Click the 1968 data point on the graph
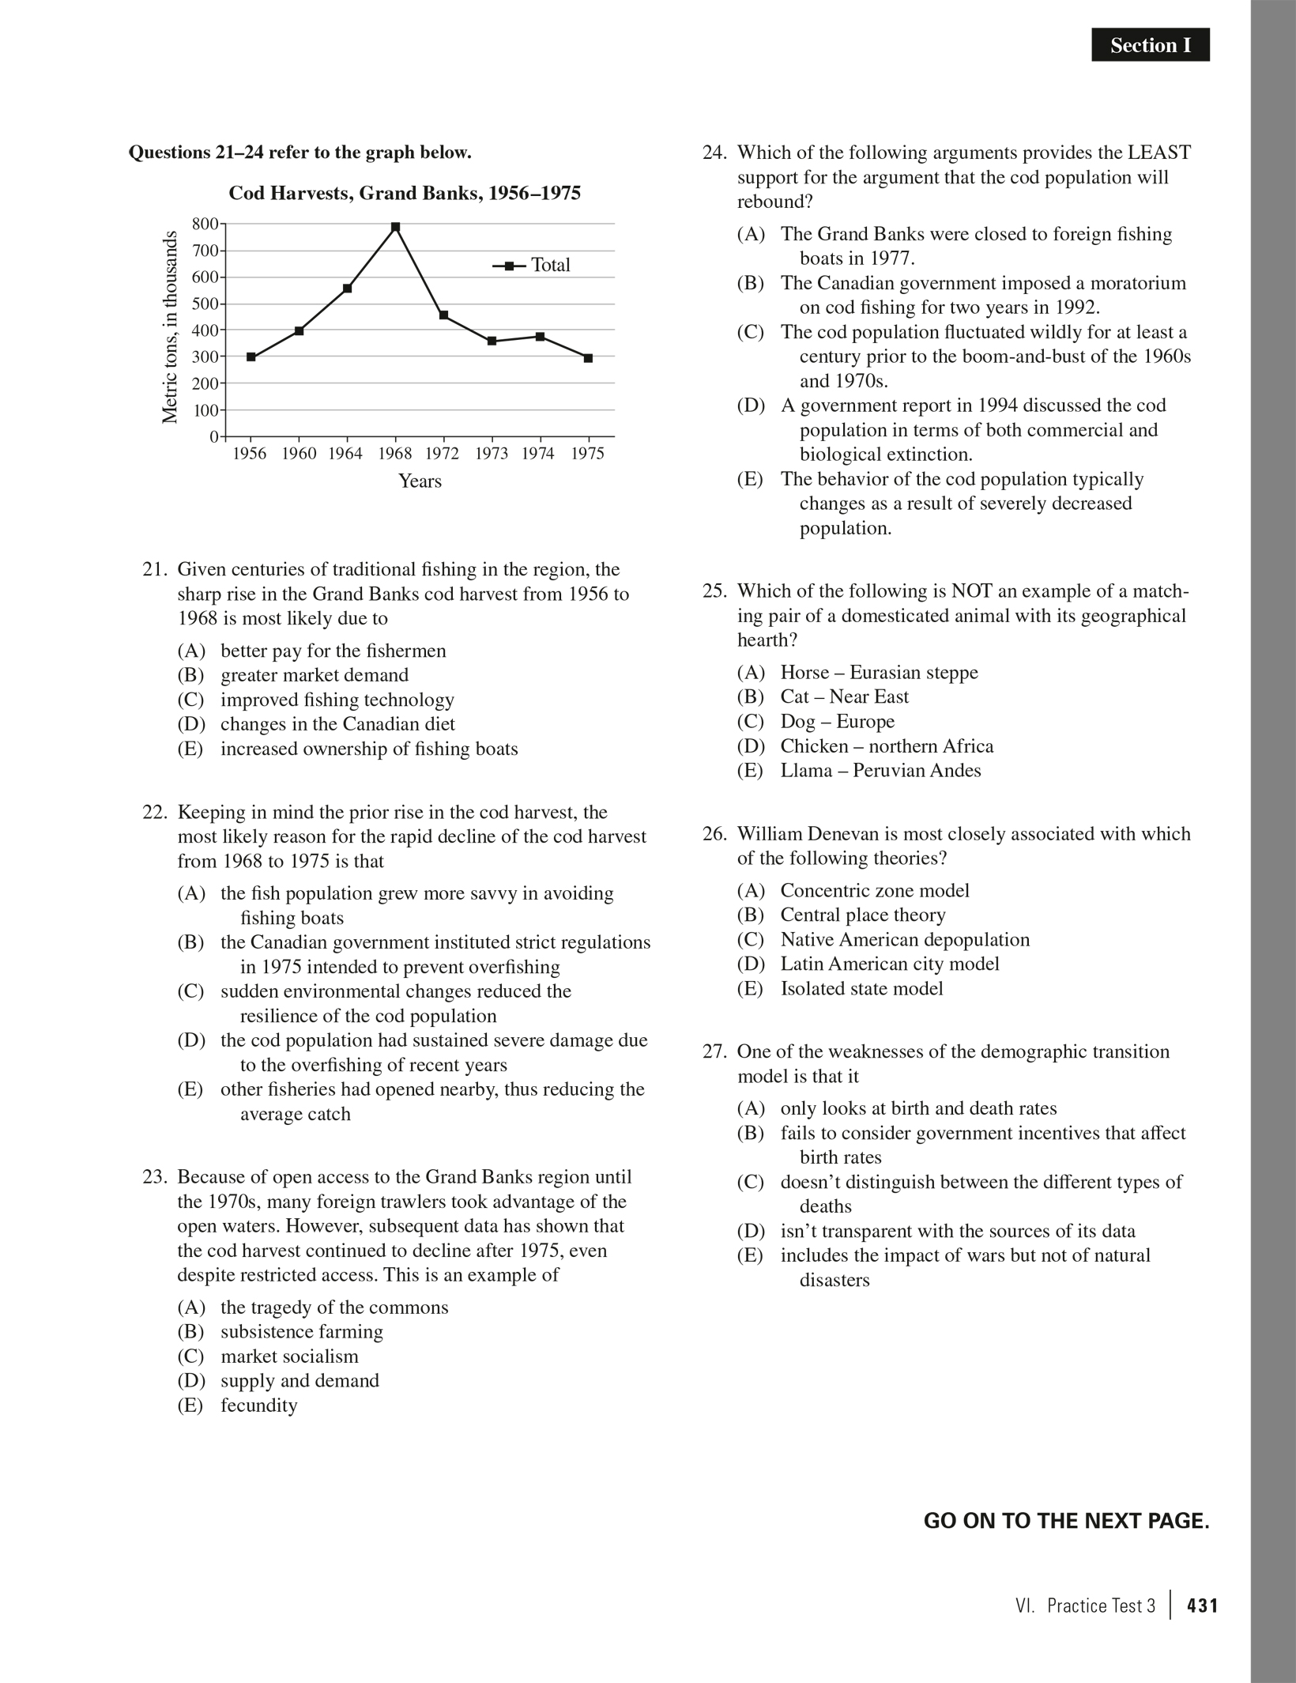tap(395, 228)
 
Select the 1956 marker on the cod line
tap(251, 357)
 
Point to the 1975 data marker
tap(588, 358)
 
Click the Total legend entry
tap(531, 266)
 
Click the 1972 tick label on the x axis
tap(443, 454)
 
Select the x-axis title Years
tap(420, 481)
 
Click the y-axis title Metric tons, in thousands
tap(169, 326)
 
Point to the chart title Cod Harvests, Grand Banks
tap(405, 194)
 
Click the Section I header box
tap(1150, 46)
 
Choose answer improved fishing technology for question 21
tap(337, 700)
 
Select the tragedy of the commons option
tap(333, 1308)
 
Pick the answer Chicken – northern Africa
tap(886, 746)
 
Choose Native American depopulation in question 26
tap(904, 939)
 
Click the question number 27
tap(714, 1051)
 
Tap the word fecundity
tap(258, 1406)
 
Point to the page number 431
tap(1202, 1606)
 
